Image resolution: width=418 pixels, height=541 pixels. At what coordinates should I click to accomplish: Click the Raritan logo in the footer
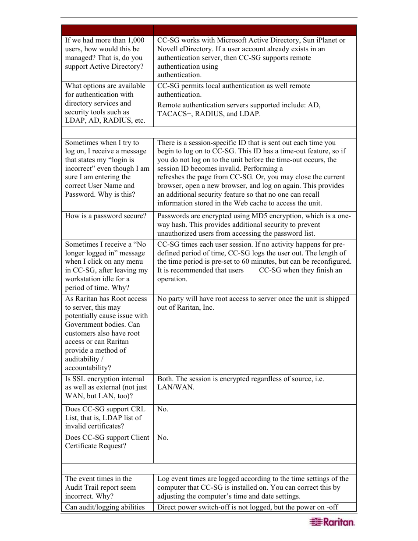point(332,522)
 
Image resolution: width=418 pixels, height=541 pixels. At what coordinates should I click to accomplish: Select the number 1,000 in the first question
point(136,40)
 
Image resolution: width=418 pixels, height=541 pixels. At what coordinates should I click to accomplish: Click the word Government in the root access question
point(82,325)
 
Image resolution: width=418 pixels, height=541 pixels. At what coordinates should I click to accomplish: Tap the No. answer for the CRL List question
point(163,409)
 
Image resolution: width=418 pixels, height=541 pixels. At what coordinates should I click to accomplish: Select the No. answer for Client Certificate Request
point(163,438)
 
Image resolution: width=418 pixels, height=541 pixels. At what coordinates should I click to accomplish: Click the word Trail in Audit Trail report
point(93,488)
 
